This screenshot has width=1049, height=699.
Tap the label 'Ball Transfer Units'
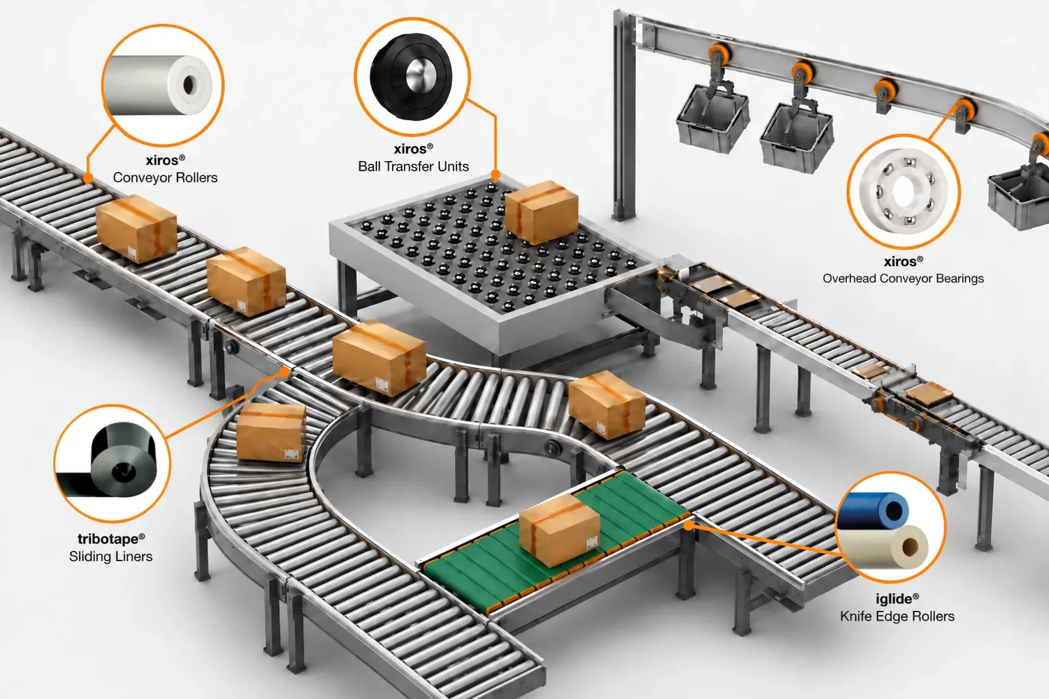(413, 167)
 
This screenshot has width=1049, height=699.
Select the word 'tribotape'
(109, 539)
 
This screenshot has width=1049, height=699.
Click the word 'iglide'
(894, 599)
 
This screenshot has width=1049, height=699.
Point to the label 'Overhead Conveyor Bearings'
(903, 279)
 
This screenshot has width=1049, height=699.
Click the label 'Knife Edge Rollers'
(897, 616)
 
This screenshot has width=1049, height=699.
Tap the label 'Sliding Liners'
(111, 556)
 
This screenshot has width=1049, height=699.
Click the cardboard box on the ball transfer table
(542, 212)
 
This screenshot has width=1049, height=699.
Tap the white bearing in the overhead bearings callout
(904, 192)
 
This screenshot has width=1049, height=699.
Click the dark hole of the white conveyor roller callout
(188, 85)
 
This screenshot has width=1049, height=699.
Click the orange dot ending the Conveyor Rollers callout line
(87, 178)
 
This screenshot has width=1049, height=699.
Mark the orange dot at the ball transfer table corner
(495, 175)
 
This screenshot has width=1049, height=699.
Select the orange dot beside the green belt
(688, 526)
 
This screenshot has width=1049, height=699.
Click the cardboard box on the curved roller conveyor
(270, 432)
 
